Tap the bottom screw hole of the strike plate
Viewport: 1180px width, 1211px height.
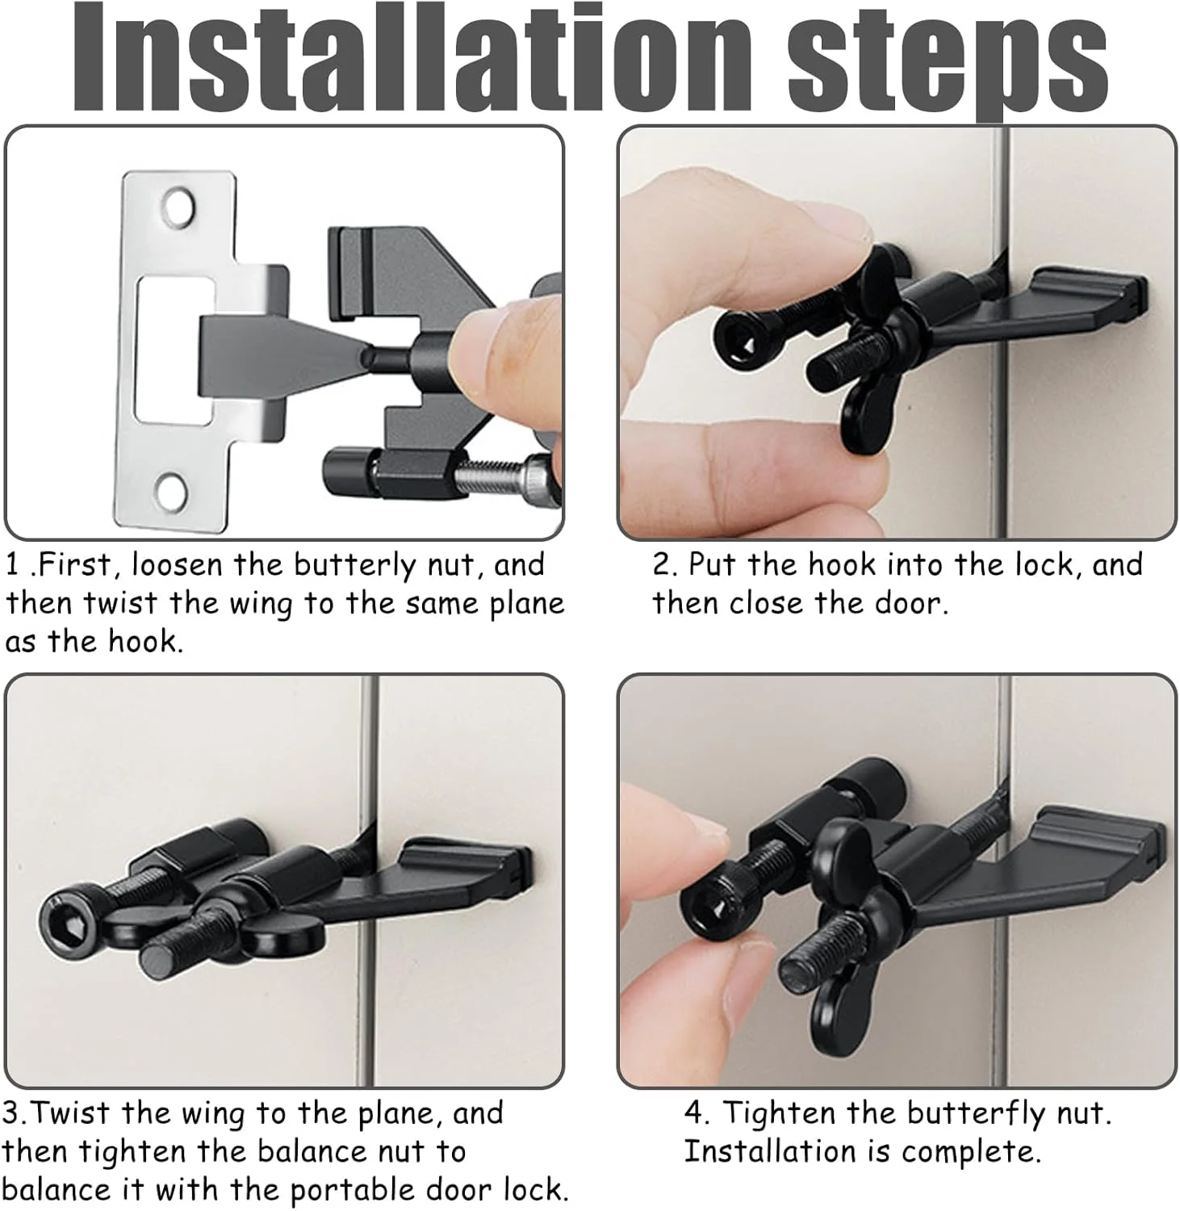point(170,488)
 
